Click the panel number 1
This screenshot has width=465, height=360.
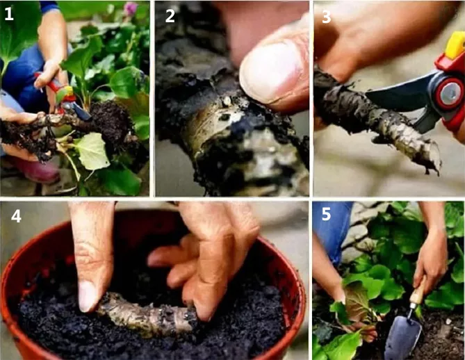(8, 14)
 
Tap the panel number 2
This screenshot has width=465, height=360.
(170, 16)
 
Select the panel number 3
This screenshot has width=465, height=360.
(326, 17)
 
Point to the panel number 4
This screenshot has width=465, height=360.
(16, 216)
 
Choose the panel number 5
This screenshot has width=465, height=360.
(326, 214)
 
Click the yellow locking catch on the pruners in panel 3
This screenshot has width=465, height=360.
(455, 44)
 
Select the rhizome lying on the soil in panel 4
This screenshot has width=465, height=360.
(145, 314)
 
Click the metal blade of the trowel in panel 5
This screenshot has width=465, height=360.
(403, 336)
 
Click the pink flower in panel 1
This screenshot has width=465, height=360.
(131, 8)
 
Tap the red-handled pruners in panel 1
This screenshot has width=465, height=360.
(64, 95)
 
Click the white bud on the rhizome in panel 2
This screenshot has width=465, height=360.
(227, 101)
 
